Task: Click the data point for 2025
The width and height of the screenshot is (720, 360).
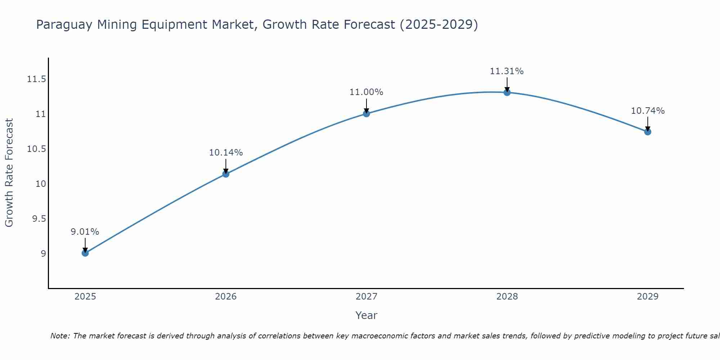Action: [85, 253]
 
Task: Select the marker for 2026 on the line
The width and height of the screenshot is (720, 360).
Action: [226, 174]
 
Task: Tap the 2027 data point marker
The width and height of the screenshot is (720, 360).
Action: [366, 114]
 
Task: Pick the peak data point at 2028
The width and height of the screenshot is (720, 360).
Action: [507, 93]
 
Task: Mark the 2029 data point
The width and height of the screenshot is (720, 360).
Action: [648, 132]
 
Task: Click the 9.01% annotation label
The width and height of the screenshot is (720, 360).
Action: [85, 232]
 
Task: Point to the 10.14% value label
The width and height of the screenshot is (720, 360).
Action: [226, 153]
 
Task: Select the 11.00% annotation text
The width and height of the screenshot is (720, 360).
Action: [366, 92]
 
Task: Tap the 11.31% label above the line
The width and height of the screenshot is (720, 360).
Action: [507, 71]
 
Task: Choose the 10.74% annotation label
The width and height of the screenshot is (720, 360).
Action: [648, 111]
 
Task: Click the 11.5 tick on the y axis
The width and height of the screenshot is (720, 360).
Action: [36, 79]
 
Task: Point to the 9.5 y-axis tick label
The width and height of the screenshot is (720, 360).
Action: [39, 219]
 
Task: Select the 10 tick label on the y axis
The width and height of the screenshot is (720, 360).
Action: [41, 184]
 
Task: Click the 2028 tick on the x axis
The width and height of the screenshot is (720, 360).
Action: [507, 297]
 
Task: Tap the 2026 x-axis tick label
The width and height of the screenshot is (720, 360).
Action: [226, 297]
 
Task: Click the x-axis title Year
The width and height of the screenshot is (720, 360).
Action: [366, 315]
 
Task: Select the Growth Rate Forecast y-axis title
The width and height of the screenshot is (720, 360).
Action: [9, 173]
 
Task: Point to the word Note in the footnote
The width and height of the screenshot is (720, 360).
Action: [60, 336]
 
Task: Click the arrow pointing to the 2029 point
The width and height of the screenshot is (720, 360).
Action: [648, 124]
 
